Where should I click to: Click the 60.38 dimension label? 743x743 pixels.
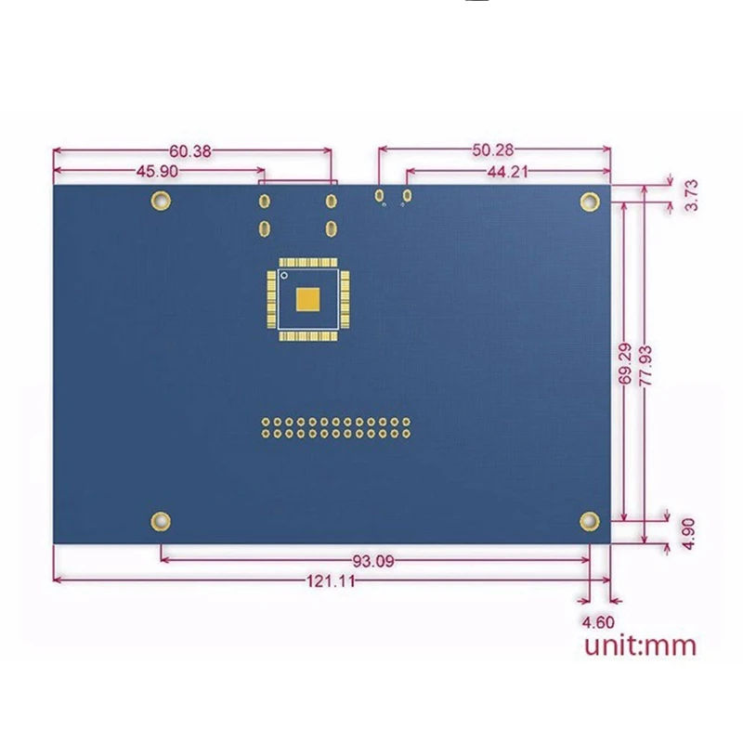(189, 150)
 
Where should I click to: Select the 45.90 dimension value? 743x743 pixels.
(157, 171)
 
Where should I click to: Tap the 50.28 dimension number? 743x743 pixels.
(494, 150)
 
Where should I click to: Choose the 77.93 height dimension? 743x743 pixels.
(645, 364)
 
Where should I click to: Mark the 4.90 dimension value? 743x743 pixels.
(689, 533)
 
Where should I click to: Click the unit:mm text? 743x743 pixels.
(639, 645)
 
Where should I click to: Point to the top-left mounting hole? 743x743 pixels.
(160, 200)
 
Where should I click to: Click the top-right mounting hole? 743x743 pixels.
(589, 201)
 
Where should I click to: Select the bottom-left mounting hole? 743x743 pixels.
(160, 521)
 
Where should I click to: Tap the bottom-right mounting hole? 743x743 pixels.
(589, 521)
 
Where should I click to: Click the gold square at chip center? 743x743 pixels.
(307, 299)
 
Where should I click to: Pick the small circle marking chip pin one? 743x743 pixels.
(284, 276)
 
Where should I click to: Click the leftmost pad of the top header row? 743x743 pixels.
(266, 422)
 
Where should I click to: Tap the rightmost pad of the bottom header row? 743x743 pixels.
(406, 433)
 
